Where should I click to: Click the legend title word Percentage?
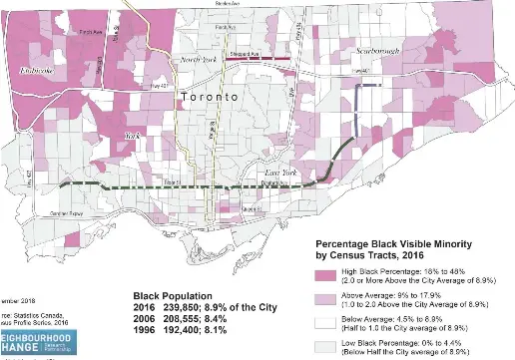[x=347, y=244]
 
